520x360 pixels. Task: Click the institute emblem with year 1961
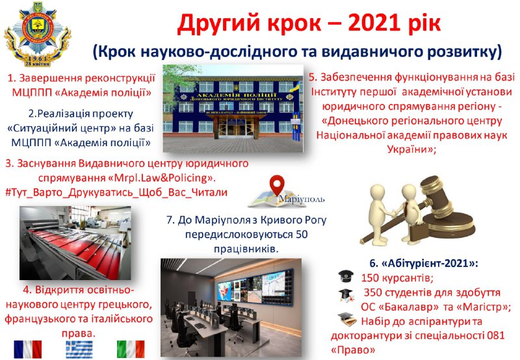pyautogui.click(x=38, y=34)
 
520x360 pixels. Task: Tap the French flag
pyautogui.click(x=28, y=349)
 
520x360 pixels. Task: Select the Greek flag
pyautogui.click(x=79, y=350)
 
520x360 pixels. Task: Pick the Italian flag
pyautogui.click(x=131, y=349)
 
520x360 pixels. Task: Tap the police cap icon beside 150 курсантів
pyautogui.click(x=346, y=276)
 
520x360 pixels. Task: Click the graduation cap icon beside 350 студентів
pyautogui.click(x=346, y=295)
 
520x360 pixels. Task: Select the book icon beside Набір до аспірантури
pyautogui.click(x=347, y=320)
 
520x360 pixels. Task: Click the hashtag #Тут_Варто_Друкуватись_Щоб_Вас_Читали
pyautogui.click(x=117, y=192)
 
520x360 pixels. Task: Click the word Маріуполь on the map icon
pyautogui.click(x=302, y=199)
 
